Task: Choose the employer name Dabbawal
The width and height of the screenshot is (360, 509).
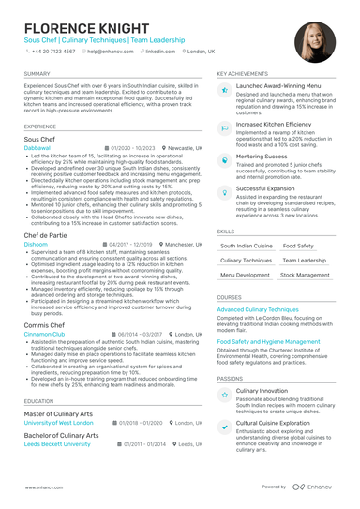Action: click(x=37, y=148)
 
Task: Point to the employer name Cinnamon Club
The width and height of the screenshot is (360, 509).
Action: click(x=44, y=334)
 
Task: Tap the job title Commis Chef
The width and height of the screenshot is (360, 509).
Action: click(x=44, y=325)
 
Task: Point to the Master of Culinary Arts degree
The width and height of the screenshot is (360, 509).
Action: click(x=59, y=412)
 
